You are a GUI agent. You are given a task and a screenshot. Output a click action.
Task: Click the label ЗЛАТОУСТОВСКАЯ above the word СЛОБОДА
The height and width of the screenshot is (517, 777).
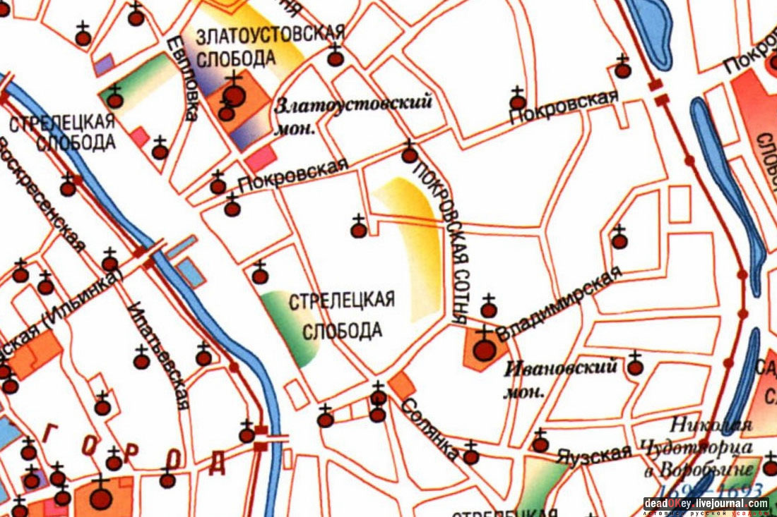(271, 34)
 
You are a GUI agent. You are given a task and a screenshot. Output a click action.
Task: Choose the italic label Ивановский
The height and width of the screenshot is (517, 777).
(562, 367)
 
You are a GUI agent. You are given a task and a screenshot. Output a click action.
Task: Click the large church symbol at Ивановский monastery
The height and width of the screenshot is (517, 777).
(484, 349)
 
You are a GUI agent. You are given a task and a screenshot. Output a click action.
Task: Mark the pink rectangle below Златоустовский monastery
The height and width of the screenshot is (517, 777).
(260, 159)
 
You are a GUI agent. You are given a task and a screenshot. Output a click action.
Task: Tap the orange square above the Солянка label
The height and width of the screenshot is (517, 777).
(403, 385)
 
